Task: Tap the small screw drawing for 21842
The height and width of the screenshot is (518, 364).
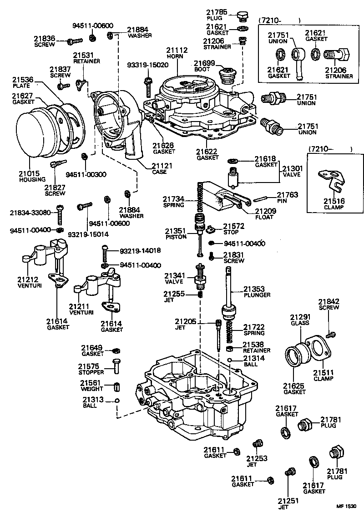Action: tap(332, 335)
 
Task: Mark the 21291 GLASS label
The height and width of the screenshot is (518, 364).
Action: tap(300, 319)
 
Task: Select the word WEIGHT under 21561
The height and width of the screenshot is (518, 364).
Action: tap(92, 389)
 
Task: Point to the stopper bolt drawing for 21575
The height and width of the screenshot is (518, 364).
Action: tap(116, 366)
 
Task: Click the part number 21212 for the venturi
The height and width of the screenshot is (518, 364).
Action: tap(28, 279)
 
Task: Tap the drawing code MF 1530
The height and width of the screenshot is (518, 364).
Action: tap(348, 506)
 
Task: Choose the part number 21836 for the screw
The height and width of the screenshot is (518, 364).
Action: tap(45, 38)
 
